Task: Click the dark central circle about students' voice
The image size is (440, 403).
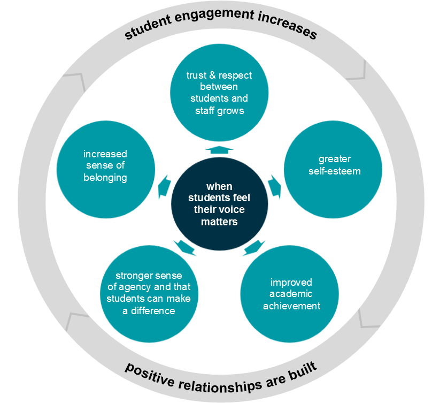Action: click(x=219, y=204)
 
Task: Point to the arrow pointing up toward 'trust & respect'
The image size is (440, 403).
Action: click(x=219, y=150)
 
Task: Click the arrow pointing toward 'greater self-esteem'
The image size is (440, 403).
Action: click(x=275, y=185)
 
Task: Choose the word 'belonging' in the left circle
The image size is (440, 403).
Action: click(x=105, y=177)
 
